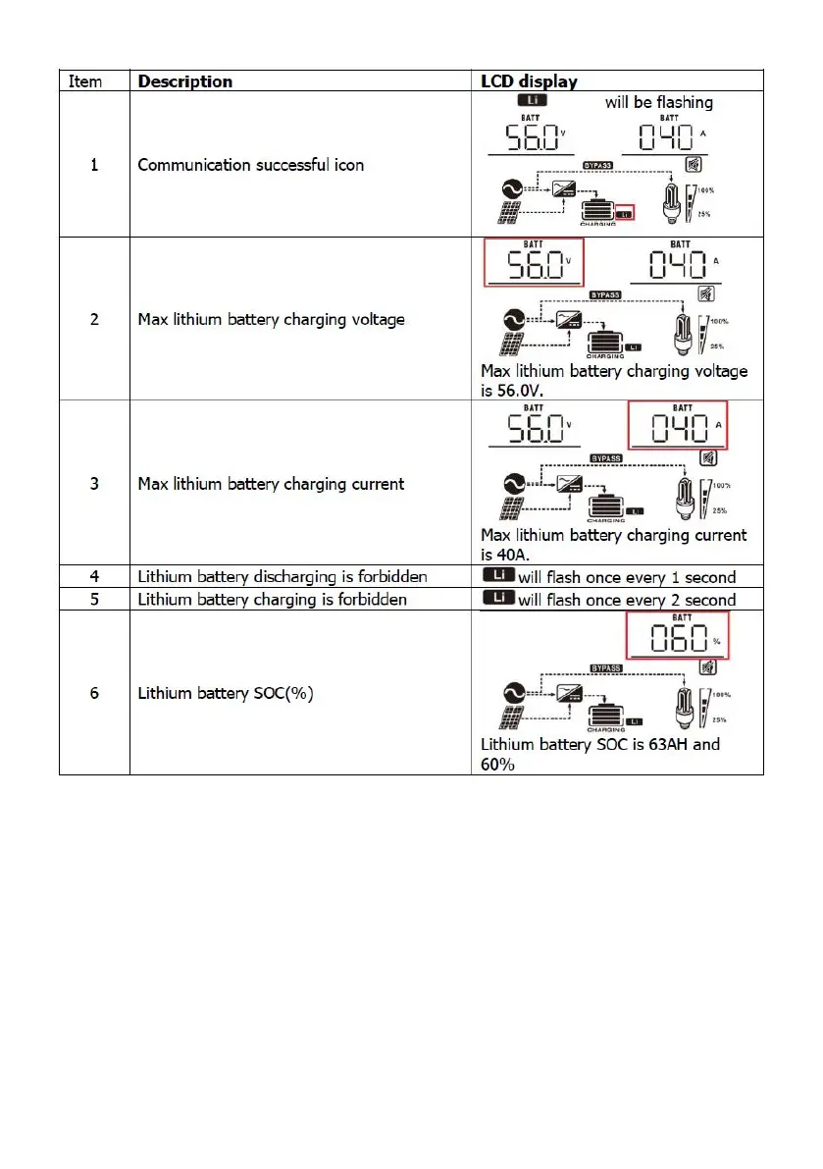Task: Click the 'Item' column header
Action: point(85,81)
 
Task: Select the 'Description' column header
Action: point(185,81)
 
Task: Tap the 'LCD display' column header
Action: point(529,81)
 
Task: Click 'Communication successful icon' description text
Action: point(250,165)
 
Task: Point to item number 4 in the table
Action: point(94,577)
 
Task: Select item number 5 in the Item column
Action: point(94,599)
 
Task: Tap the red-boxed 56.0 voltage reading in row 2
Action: point(533,263)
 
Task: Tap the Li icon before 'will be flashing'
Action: point(534,102)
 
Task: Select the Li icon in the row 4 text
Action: point(497,577)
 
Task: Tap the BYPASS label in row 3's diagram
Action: point(605,457)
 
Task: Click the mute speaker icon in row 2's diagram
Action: point(705,294)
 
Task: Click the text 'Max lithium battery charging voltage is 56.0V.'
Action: point(613,379)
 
